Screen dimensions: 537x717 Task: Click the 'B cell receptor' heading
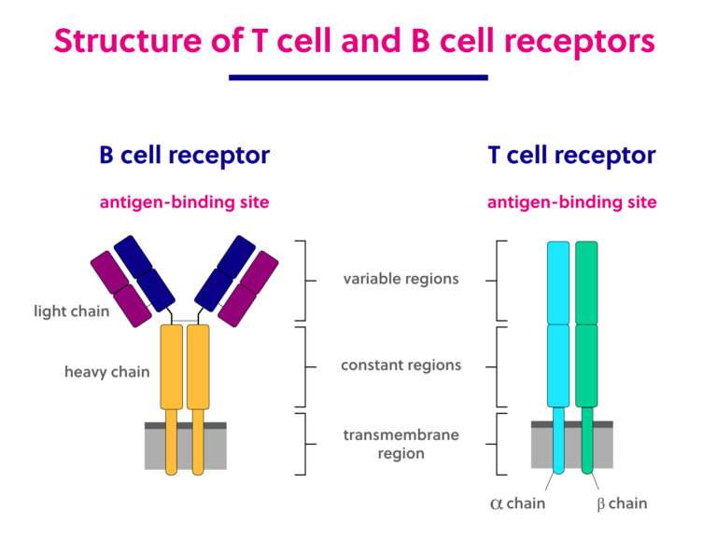click(184, 156)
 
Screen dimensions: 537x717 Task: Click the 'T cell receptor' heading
click(571, 156)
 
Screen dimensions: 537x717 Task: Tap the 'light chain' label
click(72, 311)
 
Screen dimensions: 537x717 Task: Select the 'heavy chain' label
click(106, 372)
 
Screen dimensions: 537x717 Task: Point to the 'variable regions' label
click(401, 279)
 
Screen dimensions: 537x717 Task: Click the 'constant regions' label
click(401, 365)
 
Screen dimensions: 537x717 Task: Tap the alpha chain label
click(517, 503)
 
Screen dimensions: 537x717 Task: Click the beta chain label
click(621, 503)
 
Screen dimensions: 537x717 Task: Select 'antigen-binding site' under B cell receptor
click(184, 202)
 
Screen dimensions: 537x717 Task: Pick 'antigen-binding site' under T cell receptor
click(571, 202)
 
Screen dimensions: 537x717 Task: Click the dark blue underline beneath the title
click(358, 77)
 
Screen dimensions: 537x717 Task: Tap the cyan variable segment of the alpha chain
click(557, 282)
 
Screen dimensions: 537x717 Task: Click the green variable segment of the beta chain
click(586, 282)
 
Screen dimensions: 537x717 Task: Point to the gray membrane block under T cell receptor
click(607, 450)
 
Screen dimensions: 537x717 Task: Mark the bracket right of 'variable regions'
click(500, 280)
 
